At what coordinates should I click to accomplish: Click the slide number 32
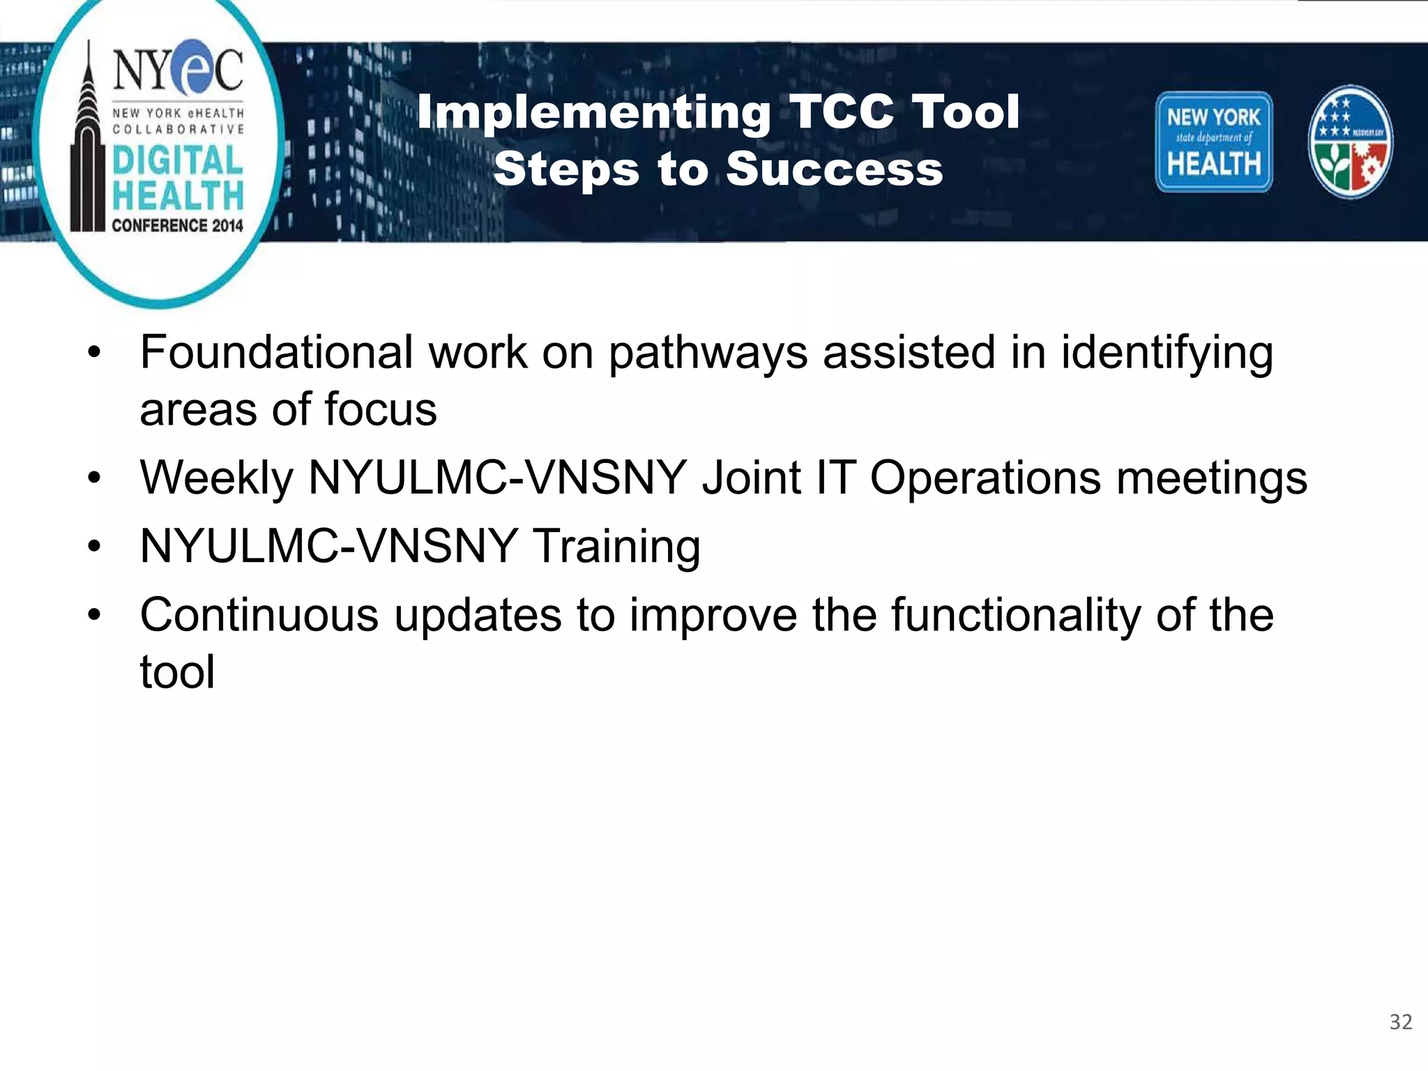click(1400, 1021)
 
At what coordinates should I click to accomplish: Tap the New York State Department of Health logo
click(1214, 142)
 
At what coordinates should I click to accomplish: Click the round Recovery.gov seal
click(1350, 142)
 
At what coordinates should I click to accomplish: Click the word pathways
click(708, 354)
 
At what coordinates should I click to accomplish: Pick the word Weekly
click(217, 478)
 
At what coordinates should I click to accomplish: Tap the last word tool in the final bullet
click(177, 672)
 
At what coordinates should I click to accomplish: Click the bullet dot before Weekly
click(94, 478)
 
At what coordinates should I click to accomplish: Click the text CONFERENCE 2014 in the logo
click(178, 225)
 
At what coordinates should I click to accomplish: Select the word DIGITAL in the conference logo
click(178, 160)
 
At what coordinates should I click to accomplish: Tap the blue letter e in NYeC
click(186, 68)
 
